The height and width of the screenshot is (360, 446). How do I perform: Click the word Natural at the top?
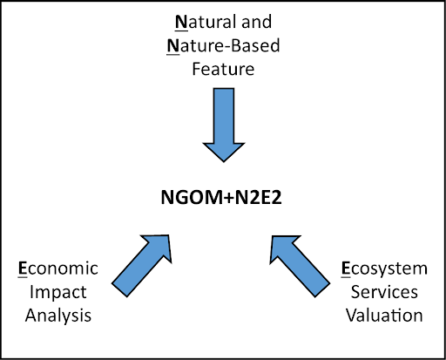[x=206, y=22]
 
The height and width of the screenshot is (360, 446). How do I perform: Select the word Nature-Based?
[x=223, y=45]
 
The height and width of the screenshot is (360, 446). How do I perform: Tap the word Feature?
[x=223, y=69]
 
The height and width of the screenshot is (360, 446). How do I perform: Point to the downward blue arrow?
[x=224, y=125]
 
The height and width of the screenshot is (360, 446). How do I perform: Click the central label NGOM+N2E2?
[x=221, y=198]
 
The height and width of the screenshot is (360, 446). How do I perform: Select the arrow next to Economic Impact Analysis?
[x=142, y=266]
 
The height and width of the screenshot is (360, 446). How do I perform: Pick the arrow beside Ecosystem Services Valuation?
[x=300, y=266]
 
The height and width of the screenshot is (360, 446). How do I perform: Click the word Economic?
[x=58, y=268]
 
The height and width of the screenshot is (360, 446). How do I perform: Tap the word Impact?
[x=58, y=292]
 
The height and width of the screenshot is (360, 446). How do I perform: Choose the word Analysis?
[x=58, y=316]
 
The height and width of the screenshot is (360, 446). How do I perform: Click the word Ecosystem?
[x=384, y=268]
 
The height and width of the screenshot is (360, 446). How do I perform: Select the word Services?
[x=384, y=292]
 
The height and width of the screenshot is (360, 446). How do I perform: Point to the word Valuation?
[x=384, y=316]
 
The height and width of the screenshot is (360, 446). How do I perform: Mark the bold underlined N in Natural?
[x=181, y=22]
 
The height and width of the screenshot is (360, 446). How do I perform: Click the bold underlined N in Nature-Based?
[x=173, y=46]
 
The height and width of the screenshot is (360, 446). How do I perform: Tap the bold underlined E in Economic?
[x=23, y=268]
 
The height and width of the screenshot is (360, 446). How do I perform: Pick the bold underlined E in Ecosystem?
[x=346, y=268]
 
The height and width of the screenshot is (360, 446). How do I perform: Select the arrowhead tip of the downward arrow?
[x=224, y=162]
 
